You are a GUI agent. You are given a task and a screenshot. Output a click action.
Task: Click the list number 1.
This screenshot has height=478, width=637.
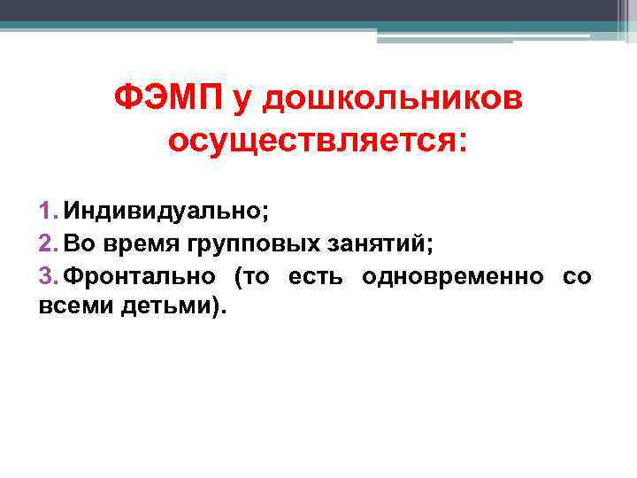[x=47, y=212]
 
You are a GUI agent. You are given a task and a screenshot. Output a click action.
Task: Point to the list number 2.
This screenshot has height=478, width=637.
[x=47, y=243]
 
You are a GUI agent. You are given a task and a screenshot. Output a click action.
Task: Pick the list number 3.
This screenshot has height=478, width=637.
[x=47, y=275]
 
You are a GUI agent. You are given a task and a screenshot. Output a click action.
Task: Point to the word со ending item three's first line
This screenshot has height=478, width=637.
[x=577, y=275]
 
